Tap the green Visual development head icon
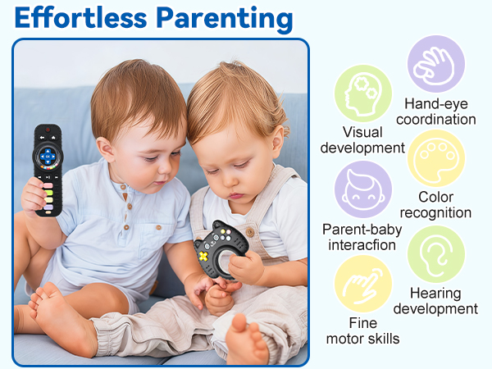tap(362, 93)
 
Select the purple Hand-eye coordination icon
tap(436, 63)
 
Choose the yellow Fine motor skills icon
tap(362, 284)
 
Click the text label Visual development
tap(362, 139)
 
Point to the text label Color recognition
tap(435, 205)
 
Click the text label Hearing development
tap(435, 301)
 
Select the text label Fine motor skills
tap(362, 331)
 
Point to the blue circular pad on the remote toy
tap(48, 156)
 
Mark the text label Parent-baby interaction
tap(362, 237)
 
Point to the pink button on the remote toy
tap(48, 184)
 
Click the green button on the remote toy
tap(48, 193)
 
